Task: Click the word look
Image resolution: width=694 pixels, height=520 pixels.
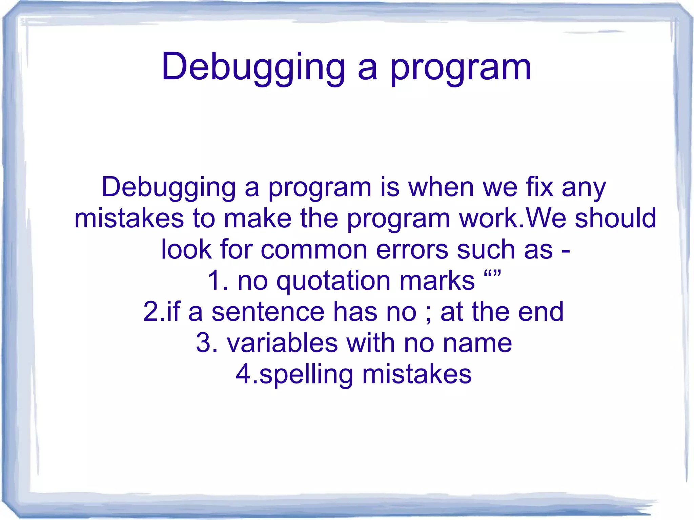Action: [x=186, y=249]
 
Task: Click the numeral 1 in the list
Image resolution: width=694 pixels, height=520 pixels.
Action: [x=213, y=280]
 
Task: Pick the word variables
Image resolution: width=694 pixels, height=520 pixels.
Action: [x=282, y=343]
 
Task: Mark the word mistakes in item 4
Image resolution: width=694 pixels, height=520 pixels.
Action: [x=417, y=374]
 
